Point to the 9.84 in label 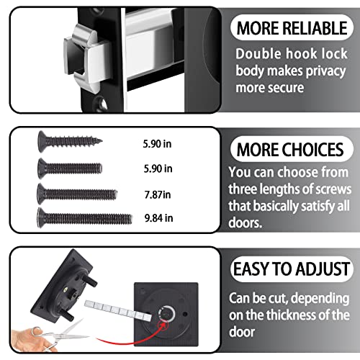(158, 217)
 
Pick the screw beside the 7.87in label (77, 192)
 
